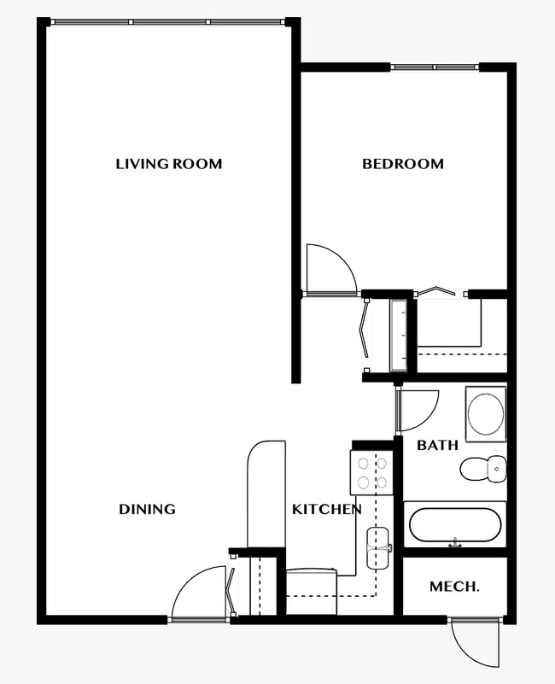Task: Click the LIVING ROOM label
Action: [168, 163]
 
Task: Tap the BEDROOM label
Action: [403, 163]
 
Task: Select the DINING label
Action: [147, 509]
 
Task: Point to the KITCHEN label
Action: [326, 509]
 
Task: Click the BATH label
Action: [437, 445]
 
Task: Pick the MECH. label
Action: [453, 587]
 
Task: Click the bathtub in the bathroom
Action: [454, 525]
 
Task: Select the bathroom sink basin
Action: [486, 414]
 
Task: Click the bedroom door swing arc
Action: [331, 268]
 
